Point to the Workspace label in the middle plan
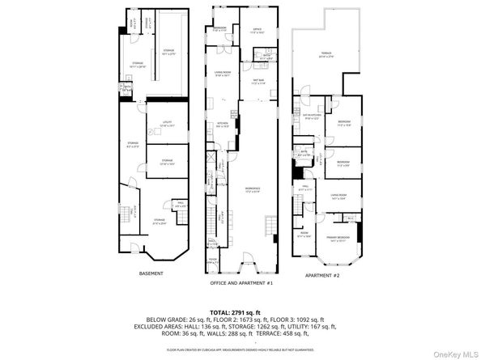(252, 191)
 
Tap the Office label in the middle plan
(258, 31)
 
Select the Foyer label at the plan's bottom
(212, 260)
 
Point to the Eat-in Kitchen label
(313, 116)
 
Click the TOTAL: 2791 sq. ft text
(240, 311)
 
